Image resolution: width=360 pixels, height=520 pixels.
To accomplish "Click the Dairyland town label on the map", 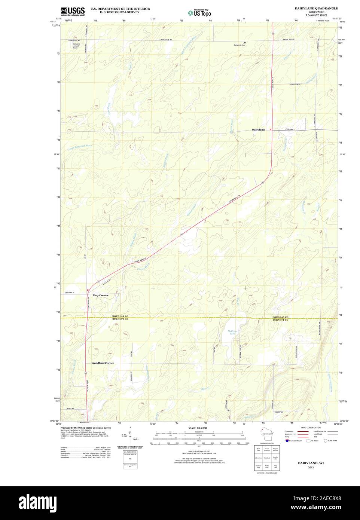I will (x=258, y=130).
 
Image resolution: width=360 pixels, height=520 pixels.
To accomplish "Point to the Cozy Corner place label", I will (x=100, y=296).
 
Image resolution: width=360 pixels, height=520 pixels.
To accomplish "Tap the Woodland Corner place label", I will (x=103, y=363).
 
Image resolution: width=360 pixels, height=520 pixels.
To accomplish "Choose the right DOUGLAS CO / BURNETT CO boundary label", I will (x=280, y=319).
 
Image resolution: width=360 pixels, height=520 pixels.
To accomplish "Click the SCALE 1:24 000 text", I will (x=198, y=428).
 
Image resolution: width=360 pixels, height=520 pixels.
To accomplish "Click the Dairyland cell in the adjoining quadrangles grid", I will (x=267, y=458).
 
